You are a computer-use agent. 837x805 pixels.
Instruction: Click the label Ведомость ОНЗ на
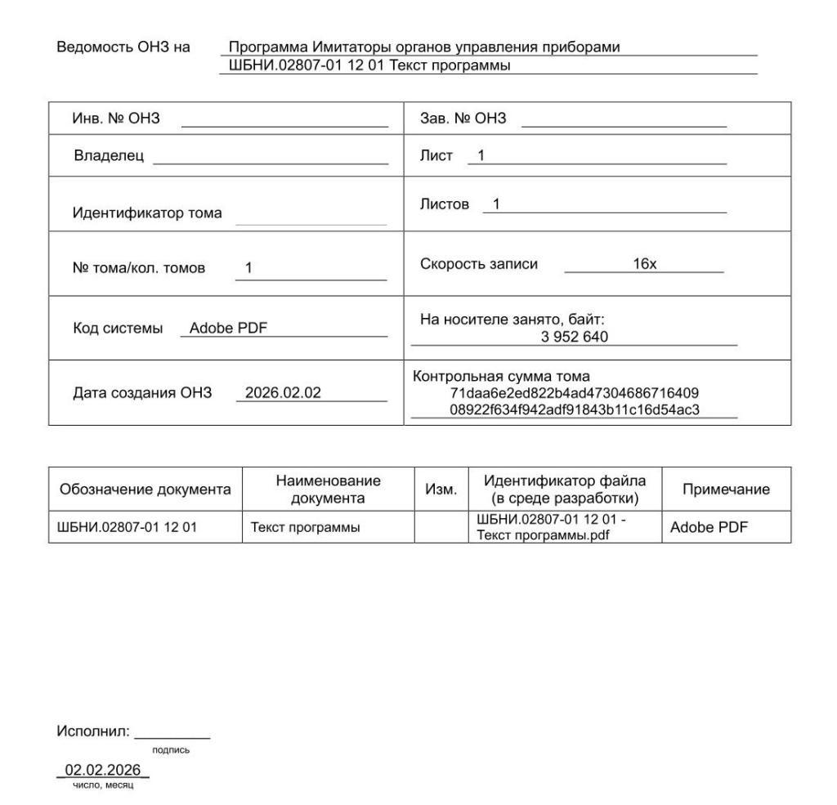point(123,47)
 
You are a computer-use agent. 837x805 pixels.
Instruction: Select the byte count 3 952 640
point(574,337)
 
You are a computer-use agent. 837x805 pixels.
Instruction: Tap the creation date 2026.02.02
point(284,393)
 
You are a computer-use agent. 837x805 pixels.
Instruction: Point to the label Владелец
point(109,156)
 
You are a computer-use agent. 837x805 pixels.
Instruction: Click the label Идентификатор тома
point(147,213)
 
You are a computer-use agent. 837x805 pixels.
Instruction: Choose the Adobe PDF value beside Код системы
point(229,329)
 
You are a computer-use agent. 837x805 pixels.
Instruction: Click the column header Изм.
point(442,489)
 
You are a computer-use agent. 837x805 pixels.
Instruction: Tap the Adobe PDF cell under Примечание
point(709,527)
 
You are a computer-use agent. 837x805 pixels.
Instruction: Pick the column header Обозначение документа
point(146,489)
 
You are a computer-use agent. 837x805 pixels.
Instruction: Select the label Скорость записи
point(479,265)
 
